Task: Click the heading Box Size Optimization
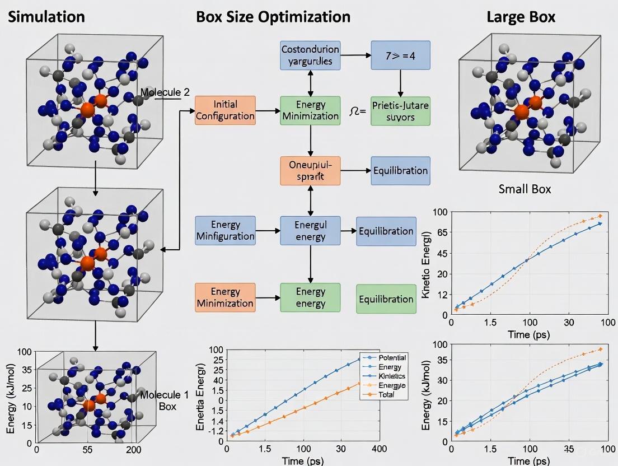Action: pyautogui.click(x=273, y=16)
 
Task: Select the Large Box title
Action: pyautogui.click(x=521, y=16)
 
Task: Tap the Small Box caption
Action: pyautogui.click(x=525, y=189)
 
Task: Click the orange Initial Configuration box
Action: pyautogui.click(x=225, y=110)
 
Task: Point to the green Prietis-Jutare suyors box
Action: pyautogui.click(x=401, y=110)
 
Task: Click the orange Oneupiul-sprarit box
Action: pyautogui.click(x=310, y=171)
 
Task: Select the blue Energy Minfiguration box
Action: pyautogui.click(x=225, y=230)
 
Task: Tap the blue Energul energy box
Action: pyautogui.click(x=310, y=230)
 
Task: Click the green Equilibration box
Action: pyautogui.click(x=386, y=299)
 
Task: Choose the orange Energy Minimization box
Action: pyautogui.click(x=225, y=297)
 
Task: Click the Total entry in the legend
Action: pyautogui.click(x=386, y=394)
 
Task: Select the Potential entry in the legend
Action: pyautogui.click(x=392, y=357)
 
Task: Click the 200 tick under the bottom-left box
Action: pyautogui.click(x=133, y=449)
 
